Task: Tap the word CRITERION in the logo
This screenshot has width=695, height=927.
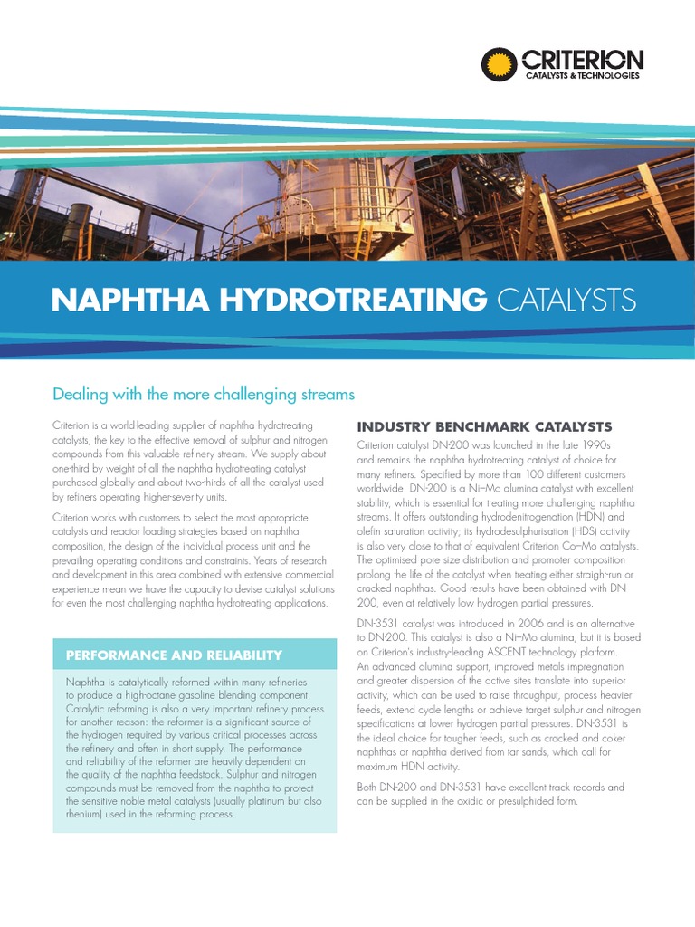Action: (582, 61)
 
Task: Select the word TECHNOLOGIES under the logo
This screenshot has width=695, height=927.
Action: (607, 76)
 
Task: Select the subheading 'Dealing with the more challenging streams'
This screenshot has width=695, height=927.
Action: (203, 395)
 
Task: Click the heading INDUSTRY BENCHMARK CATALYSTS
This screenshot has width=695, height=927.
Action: (484, 426)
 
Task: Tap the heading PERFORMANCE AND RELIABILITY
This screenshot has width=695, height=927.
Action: (174, 655)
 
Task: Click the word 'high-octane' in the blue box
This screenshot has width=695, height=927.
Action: (145, 694)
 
